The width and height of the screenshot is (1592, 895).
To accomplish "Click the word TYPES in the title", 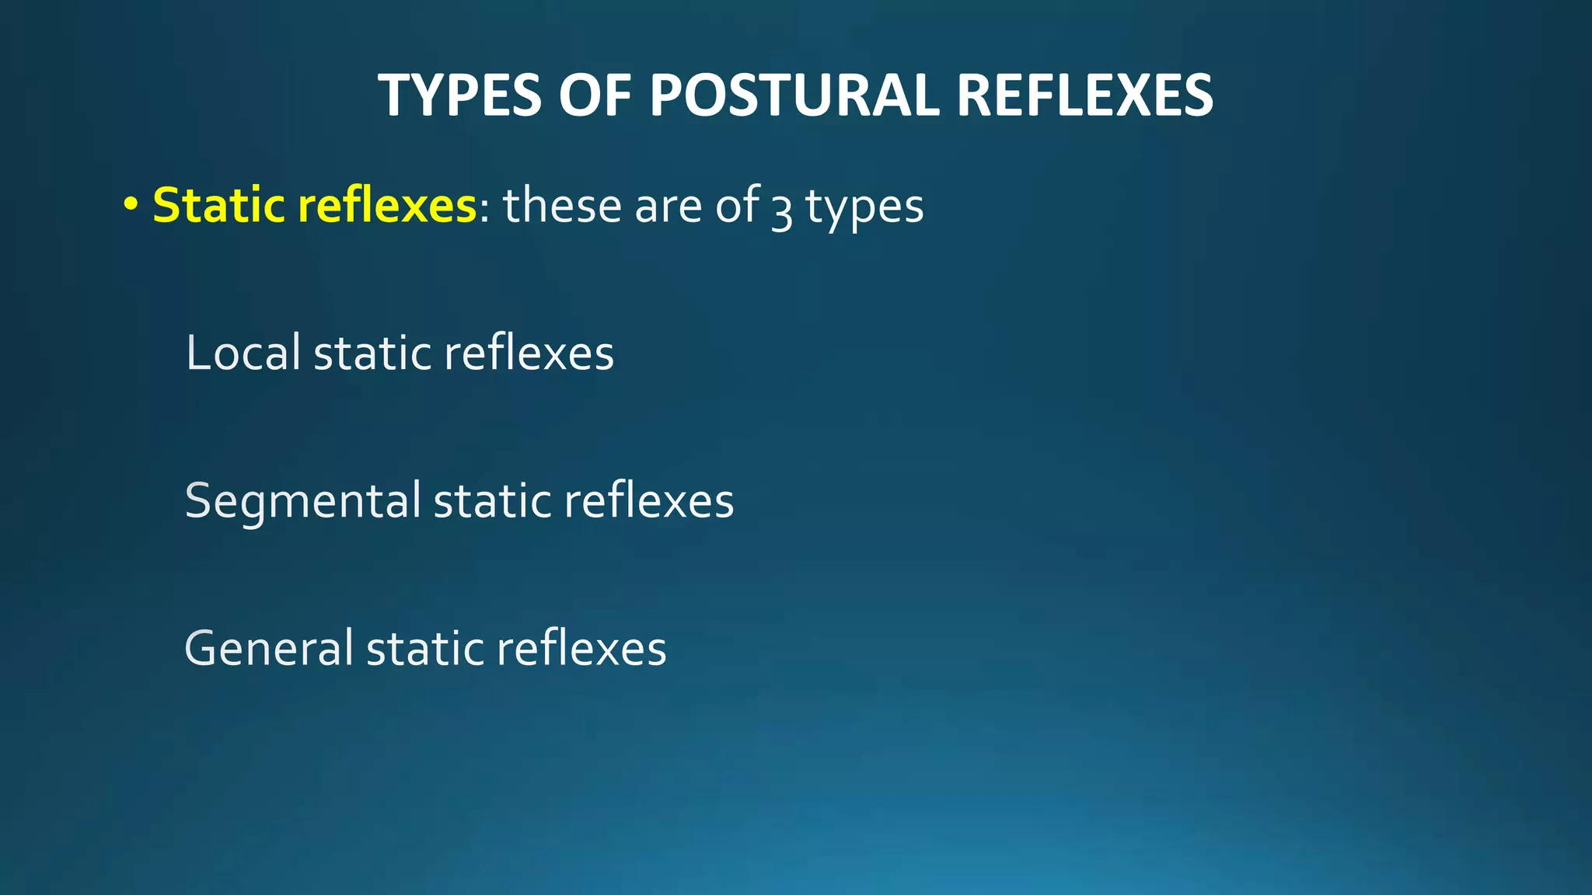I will point(459,96).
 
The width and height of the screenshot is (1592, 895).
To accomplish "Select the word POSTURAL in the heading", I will point(794,96).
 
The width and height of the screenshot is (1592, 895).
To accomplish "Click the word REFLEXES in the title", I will point(1084,96).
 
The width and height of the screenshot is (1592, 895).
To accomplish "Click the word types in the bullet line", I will point(864,208).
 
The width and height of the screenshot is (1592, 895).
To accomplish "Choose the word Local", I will point(243,353).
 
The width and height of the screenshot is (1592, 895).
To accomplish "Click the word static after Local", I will point(372,353).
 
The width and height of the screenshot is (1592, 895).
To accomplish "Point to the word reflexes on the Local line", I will point(529,353).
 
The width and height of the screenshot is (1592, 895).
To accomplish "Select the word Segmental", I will point(302,501).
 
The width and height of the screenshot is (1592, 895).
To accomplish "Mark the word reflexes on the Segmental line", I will point(648,500).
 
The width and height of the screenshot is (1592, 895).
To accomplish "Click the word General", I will point(269,648).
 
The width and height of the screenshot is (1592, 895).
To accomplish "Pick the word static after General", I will point(424,649).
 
